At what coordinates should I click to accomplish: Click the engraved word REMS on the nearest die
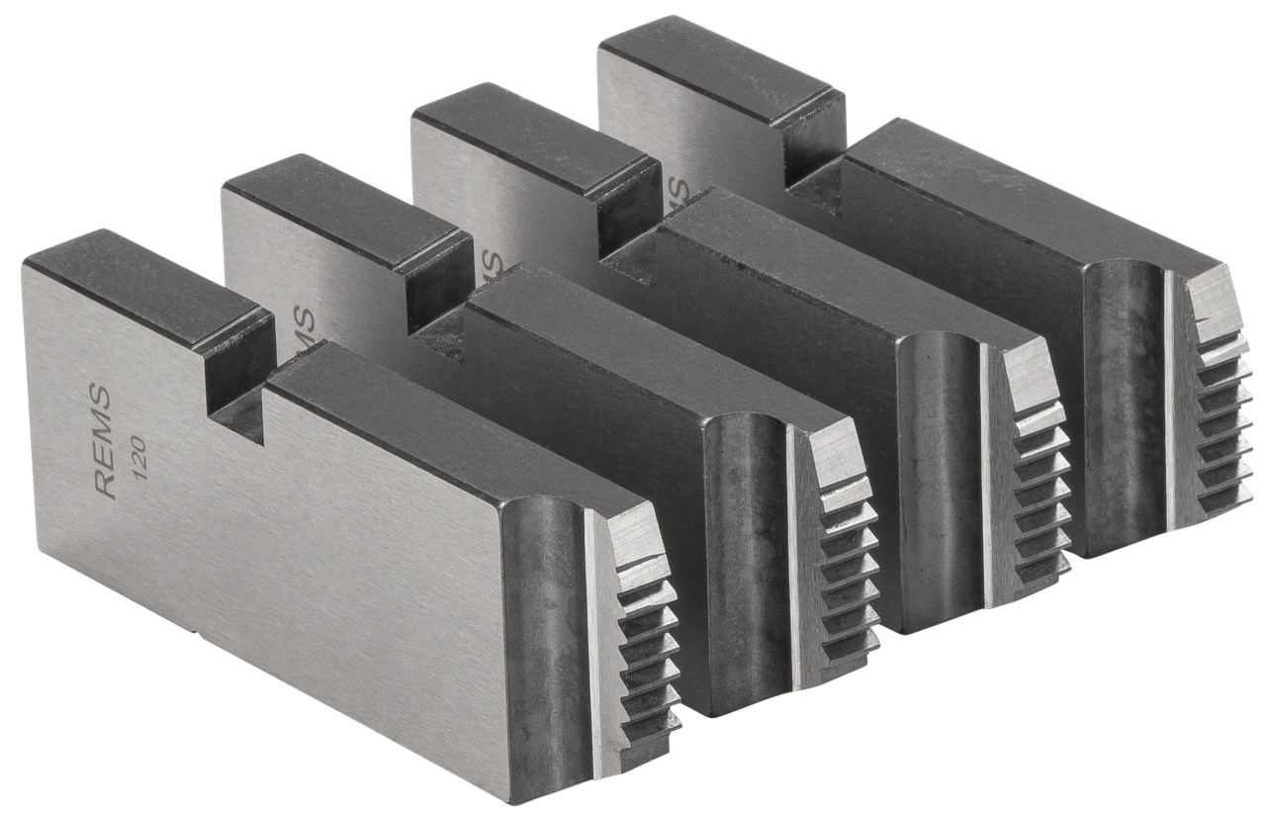102,441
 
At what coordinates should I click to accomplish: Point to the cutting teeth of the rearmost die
1218,406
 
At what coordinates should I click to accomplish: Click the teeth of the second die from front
846,574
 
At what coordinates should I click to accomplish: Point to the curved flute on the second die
747,554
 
